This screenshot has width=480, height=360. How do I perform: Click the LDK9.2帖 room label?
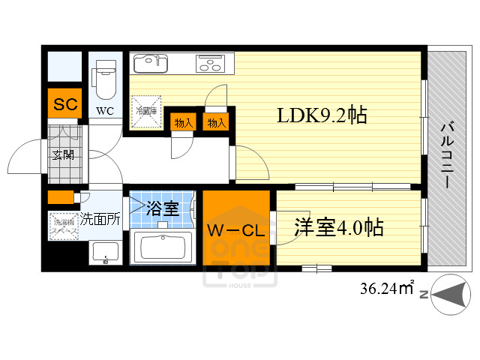pos(322,115)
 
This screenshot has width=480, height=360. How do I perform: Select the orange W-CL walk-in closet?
pos(235,228)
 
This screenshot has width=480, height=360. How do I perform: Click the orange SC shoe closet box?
pos(65,104)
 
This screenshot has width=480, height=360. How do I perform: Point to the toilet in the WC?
pos(103,75)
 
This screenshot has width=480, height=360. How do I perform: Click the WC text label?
pos(103,112)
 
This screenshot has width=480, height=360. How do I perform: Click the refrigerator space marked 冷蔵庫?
pos(145,111)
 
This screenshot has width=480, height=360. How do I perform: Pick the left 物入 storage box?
pos(183,122)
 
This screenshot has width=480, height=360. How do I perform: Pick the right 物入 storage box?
pos(216,122)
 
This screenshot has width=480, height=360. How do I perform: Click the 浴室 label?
pos(162,208)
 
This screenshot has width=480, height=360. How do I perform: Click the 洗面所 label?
pos(100,220)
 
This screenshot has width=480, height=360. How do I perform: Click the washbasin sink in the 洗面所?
pos(104,253)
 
